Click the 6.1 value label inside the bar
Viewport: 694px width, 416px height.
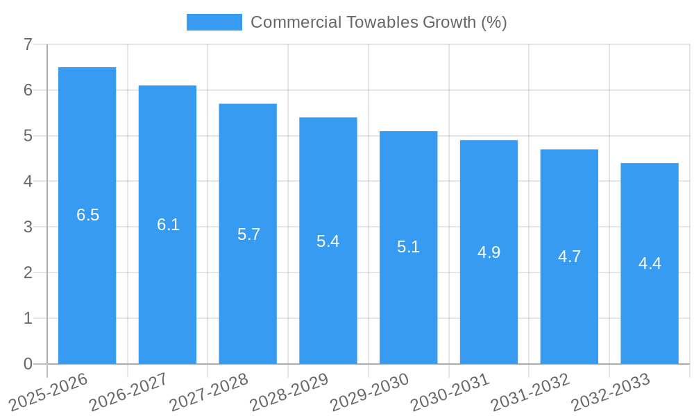tap(168, 225)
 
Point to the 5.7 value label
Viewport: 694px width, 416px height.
tap(248, 234)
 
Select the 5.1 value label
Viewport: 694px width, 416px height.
tap(408, 247)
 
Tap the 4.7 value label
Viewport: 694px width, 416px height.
tap(569, 257)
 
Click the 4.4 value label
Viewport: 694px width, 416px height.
tap(650, 263)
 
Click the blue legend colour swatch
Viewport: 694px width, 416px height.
tap(214, 22)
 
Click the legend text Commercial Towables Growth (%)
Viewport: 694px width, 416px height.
tap(378, 22)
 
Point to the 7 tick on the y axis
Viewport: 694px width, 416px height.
tap(28, 44)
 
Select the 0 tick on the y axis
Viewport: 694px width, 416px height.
tap(28, 364)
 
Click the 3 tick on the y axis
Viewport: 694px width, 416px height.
tap(28, 227)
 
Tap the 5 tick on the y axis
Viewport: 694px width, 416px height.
tap(28, 136)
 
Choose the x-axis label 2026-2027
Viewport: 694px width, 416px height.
tap(128, 392)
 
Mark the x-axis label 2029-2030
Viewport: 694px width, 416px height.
tap(369, 392)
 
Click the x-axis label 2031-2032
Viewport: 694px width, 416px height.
tap(530, 392)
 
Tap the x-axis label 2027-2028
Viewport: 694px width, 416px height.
tap(209, 392)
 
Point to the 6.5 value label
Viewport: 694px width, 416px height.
tap(87, 215)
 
